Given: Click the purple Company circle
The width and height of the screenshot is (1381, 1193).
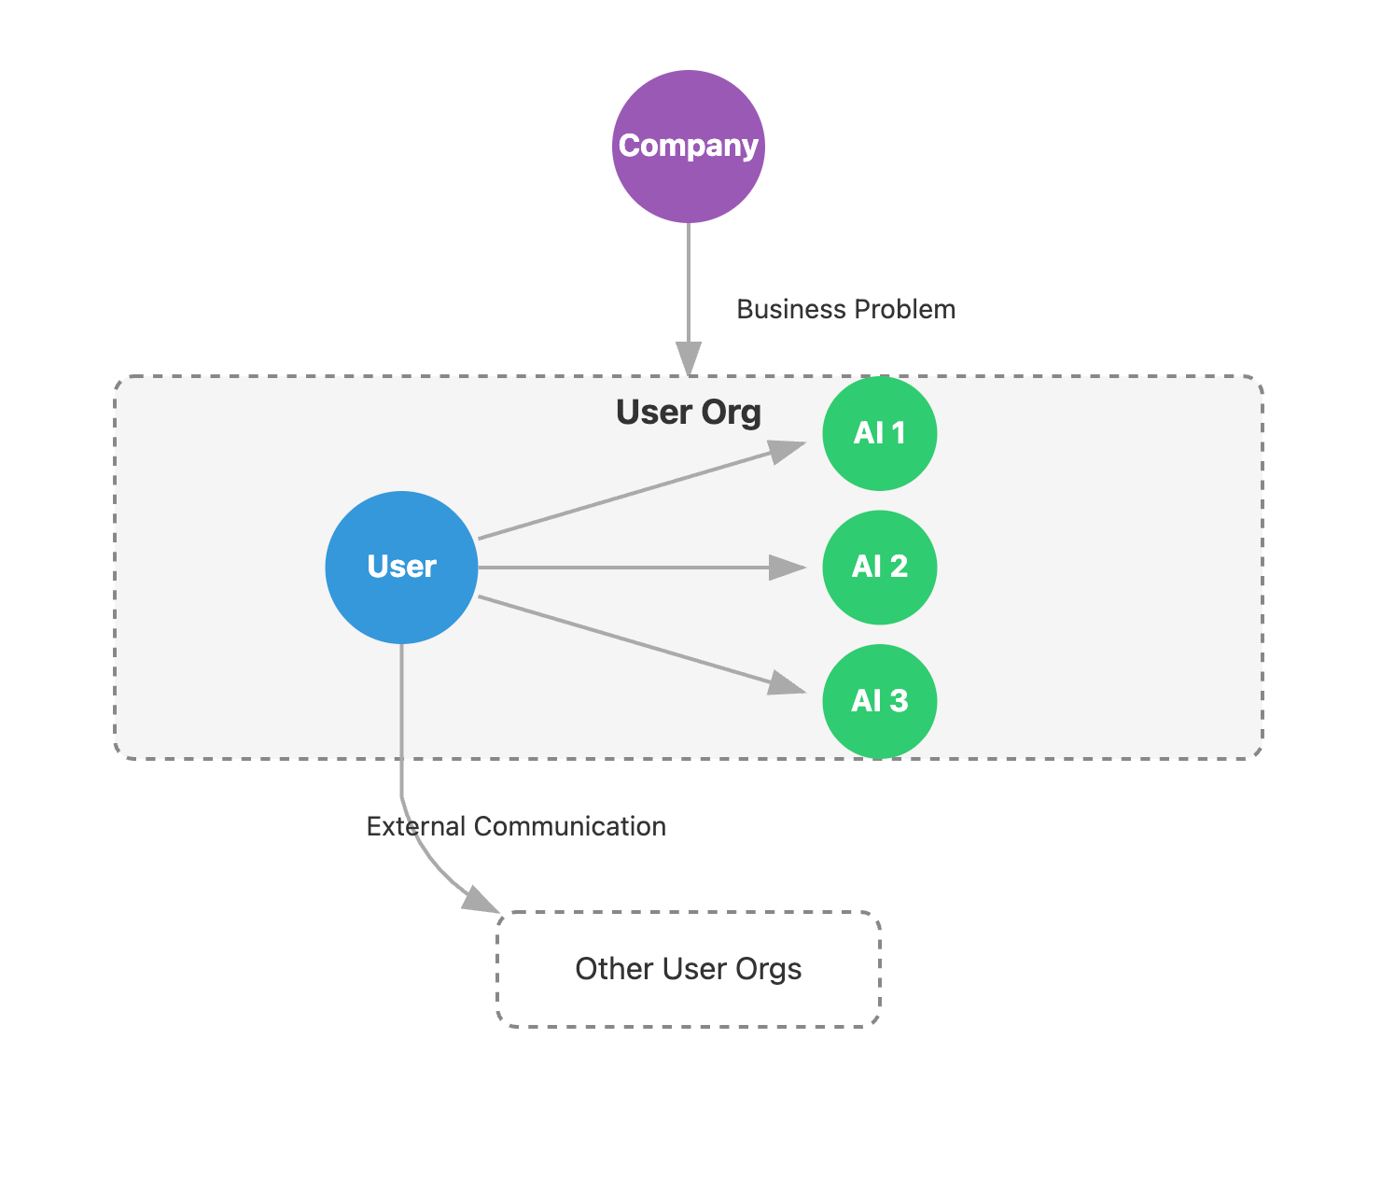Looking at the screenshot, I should (689, 147).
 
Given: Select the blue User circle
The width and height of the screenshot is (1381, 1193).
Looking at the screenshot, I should (401, 567).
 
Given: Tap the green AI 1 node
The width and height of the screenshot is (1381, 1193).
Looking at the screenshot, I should (879, 433).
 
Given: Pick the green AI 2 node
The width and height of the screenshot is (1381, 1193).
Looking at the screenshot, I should (879, 567).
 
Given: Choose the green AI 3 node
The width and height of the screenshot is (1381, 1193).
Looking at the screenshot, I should (879, 701).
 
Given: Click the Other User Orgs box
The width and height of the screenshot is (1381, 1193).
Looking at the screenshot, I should (689, 969).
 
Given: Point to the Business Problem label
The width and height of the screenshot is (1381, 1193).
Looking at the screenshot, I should (845, 309).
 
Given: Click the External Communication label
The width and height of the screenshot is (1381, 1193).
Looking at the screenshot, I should (516, 826).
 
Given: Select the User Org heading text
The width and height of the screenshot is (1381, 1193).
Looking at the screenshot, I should (689, 412).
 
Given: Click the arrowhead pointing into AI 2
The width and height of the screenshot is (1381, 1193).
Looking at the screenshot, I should (788, 567).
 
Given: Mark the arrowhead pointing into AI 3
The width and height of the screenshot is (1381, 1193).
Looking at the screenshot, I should (788, 685).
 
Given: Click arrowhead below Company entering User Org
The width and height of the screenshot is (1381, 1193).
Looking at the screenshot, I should (689, 358).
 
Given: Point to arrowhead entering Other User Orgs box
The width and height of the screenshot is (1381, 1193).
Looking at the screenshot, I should (481, 900).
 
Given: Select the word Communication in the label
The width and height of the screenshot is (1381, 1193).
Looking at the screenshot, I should (569, 826).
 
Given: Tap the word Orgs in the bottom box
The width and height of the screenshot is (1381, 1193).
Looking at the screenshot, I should (768, 969).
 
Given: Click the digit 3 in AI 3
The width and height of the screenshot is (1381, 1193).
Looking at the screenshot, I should (898, 701).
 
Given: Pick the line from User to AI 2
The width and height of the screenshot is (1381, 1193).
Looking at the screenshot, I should (625, 567).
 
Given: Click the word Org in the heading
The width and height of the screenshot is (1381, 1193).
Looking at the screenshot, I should (732, 412).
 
